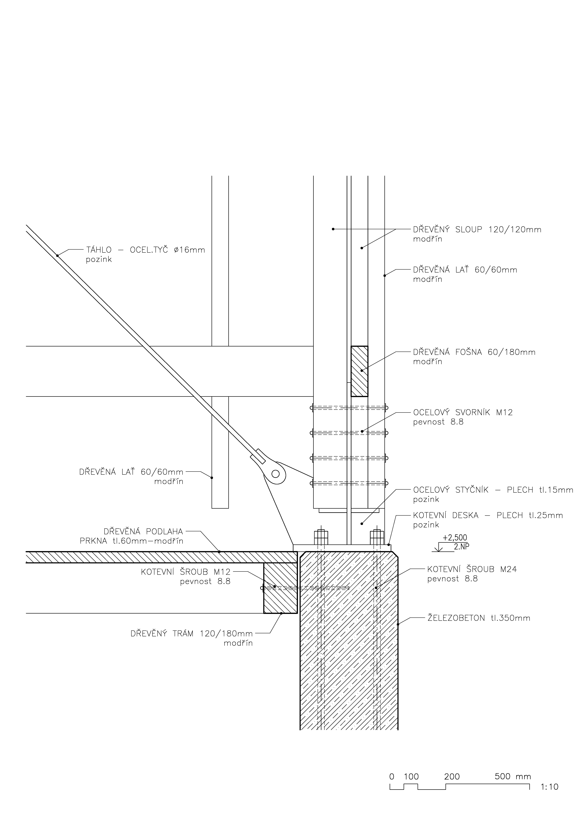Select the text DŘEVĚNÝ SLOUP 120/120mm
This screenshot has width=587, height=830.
tap(477, 230)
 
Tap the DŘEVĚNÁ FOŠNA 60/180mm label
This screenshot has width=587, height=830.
tap(474, 352)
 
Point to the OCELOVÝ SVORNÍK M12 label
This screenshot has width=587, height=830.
tap(463, 412)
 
